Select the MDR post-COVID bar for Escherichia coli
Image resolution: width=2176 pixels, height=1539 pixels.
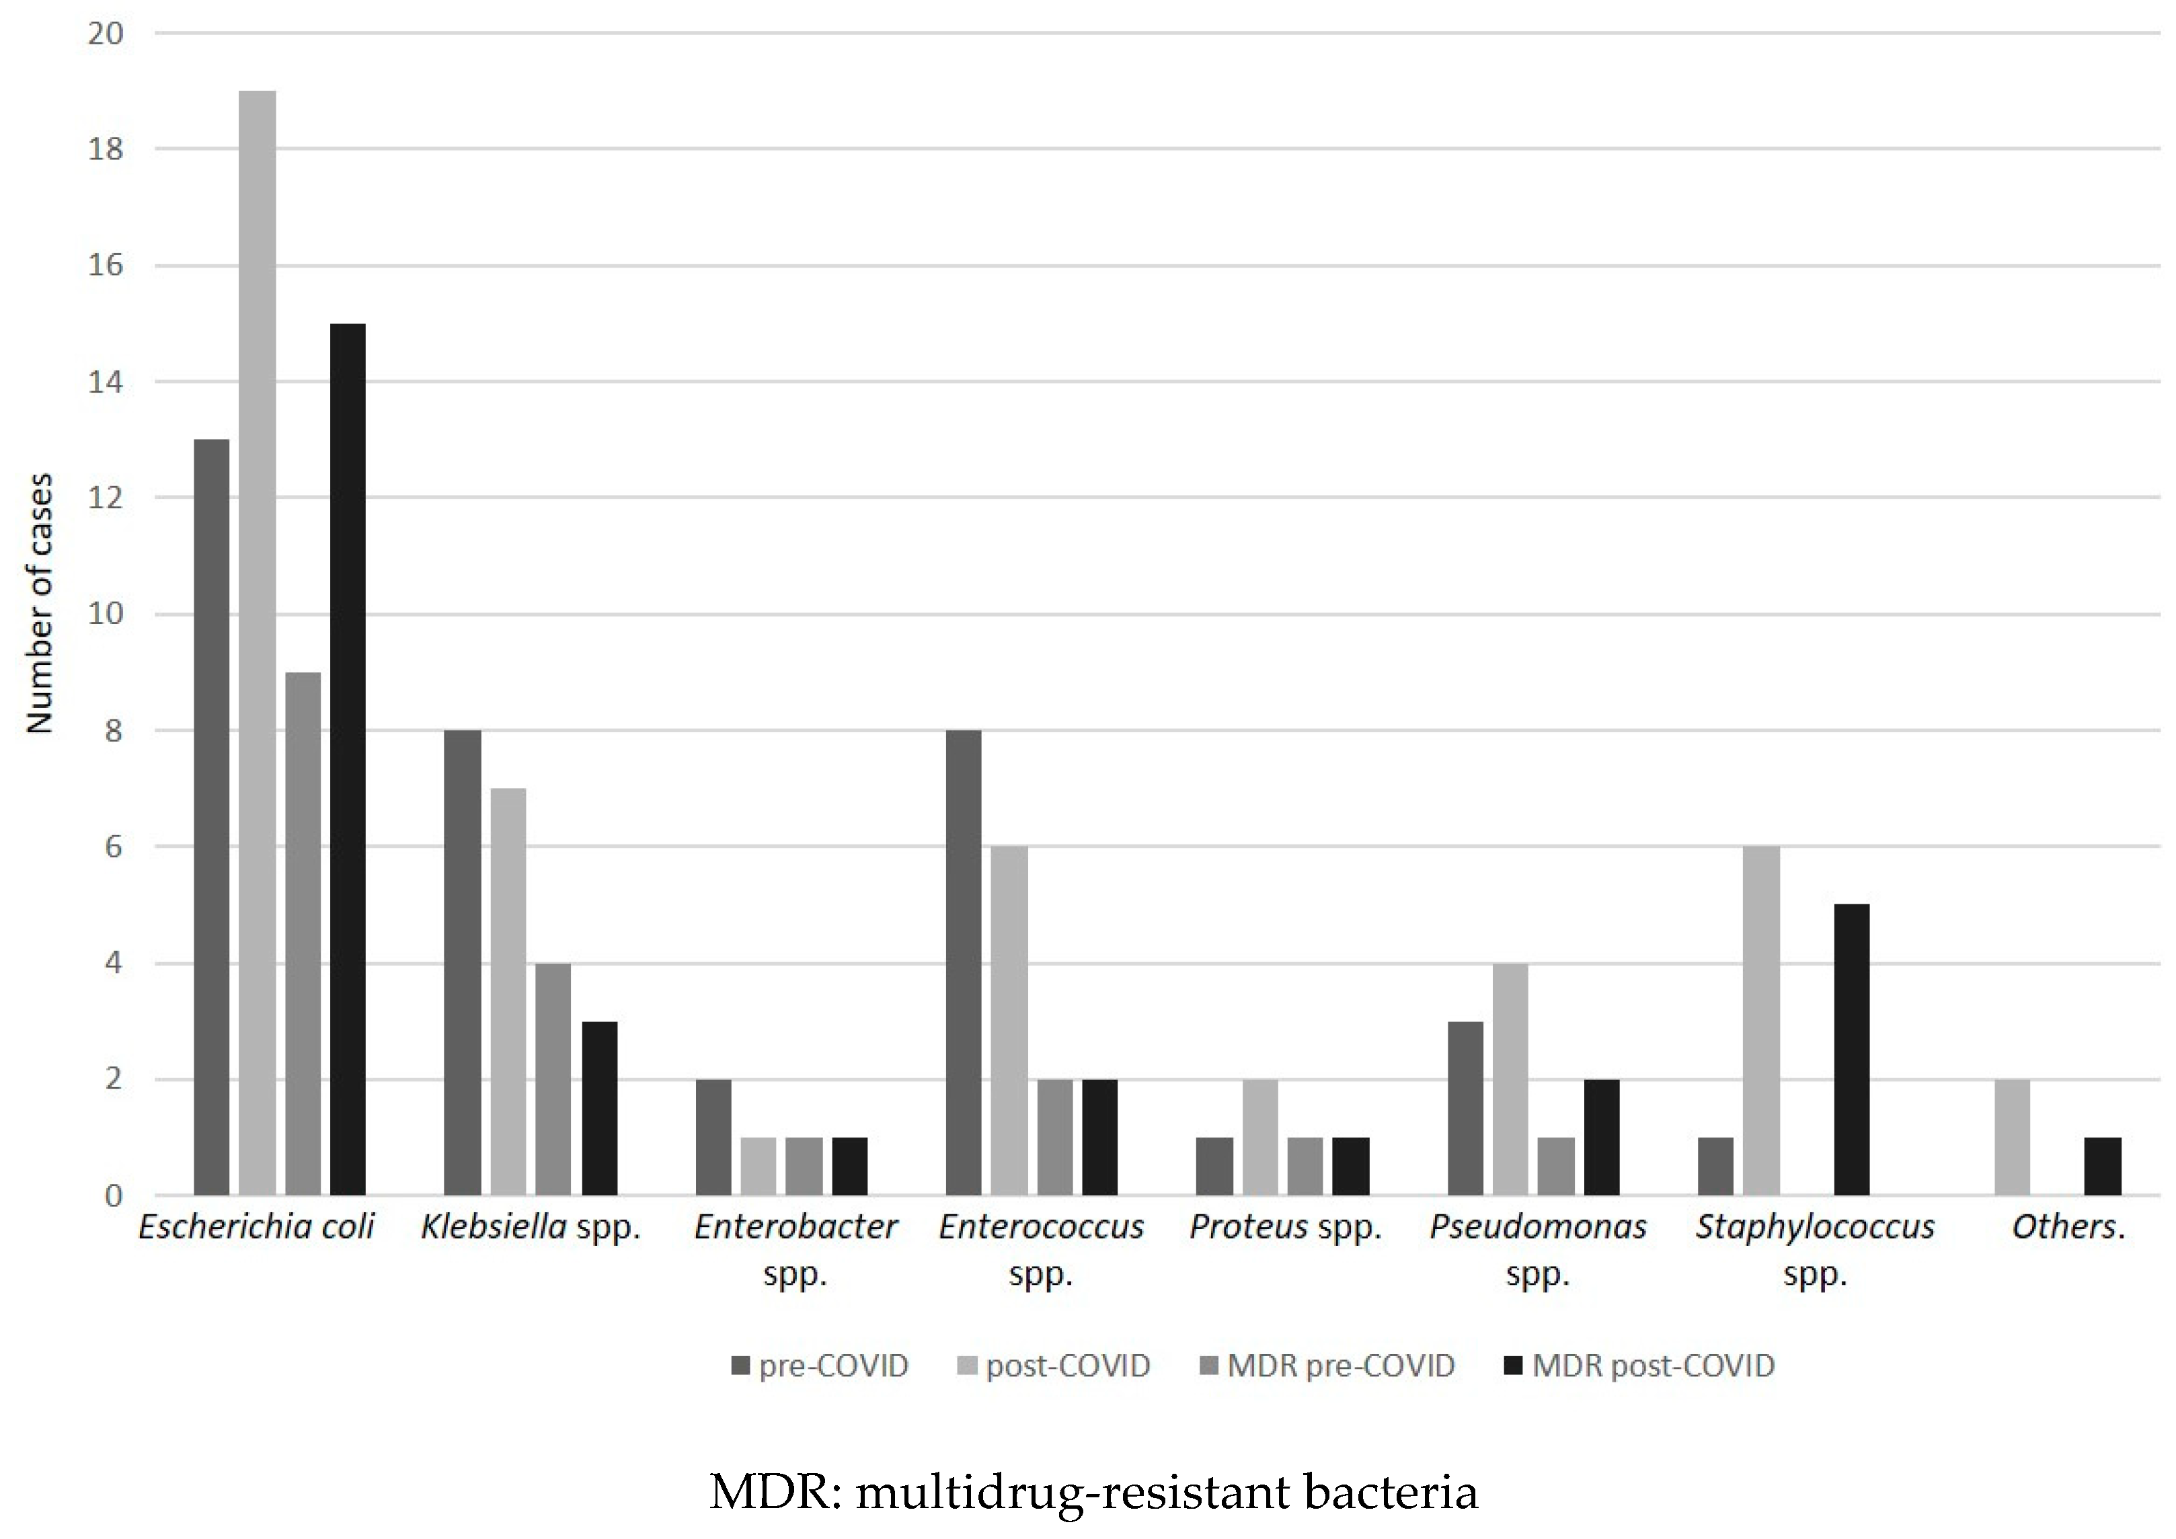(348, 759)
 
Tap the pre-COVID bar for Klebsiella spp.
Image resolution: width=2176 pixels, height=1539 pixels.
(463, 962)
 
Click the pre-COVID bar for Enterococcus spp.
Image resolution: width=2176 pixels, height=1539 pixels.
(964, 962)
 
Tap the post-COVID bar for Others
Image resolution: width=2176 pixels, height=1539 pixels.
(2012, 1136)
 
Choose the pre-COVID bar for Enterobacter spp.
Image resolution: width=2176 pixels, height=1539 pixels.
(713, 1136)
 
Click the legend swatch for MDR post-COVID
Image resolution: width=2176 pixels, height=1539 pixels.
(1514, 1366)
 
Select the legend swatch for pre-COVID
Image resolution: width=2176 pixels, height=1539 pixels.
(741, 1366)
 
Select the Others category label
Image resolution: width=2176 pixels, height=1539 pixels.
(2069, 1227)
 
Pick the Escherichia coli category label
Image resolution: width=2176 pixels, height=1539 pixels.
(256, 1227)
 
